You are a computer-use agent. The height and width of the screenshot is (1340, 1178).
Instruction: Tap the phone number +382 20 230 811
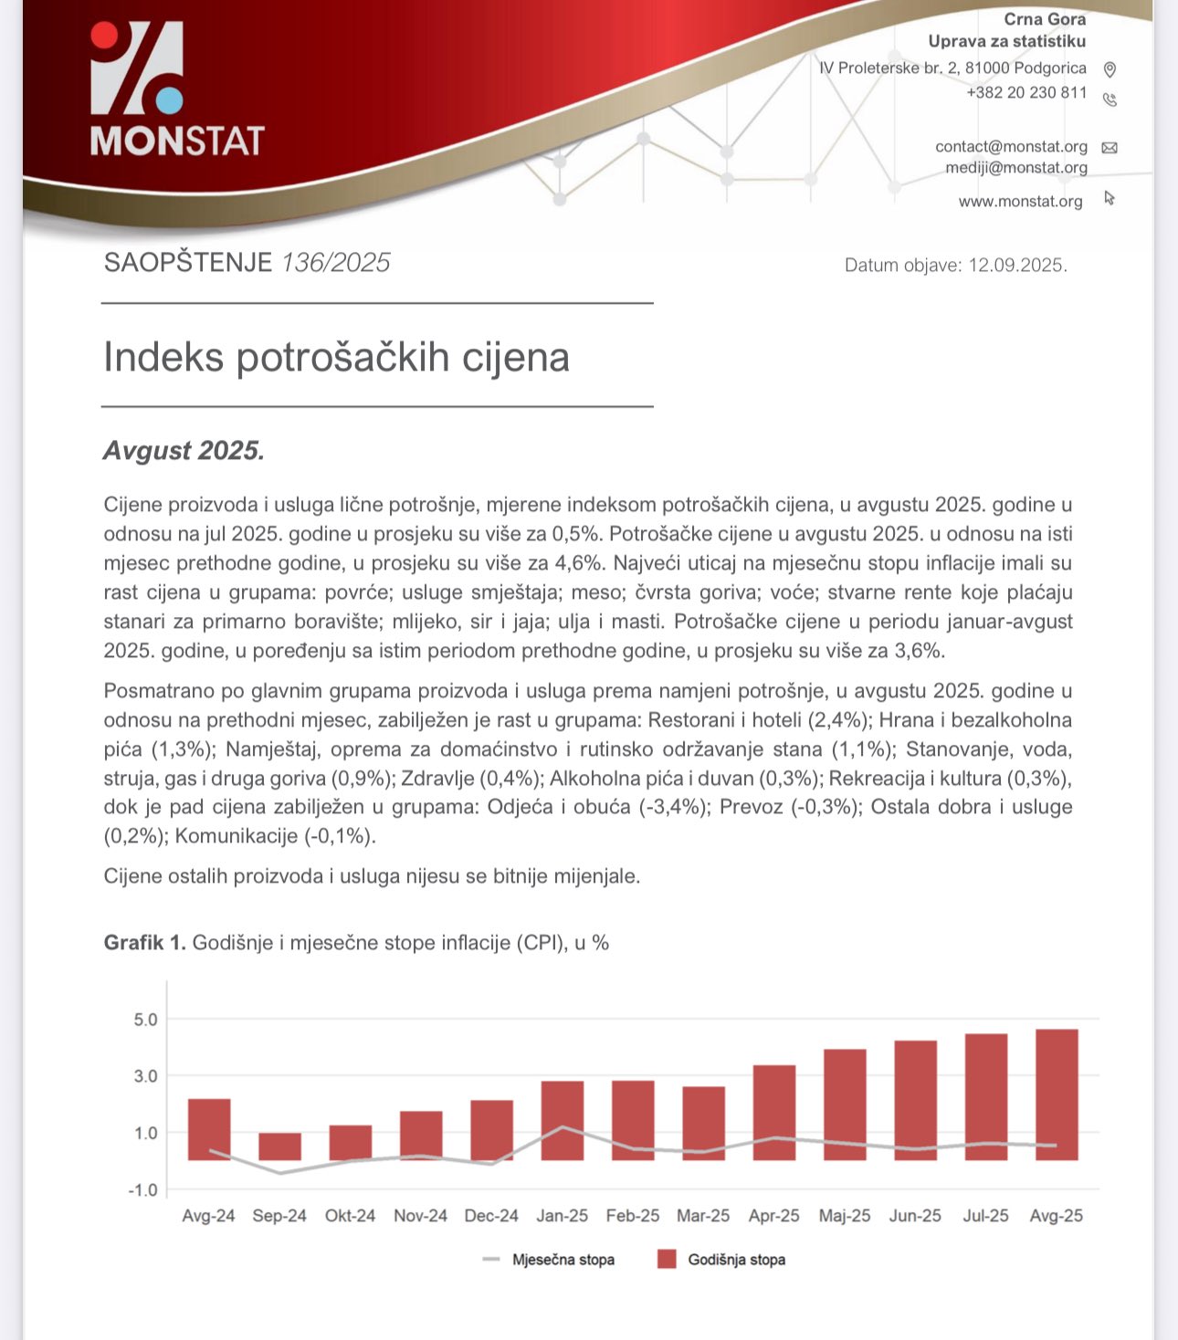pyautogui.click(x=1026, y=92)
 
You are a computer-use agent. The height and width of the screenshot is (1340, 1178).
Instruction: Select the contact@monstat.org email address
pyautogui.click(x=1011, y=146)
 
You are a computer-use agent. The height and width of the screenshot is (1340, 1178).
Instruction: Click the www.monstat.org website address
pyautogui.click(x=1020, y=201)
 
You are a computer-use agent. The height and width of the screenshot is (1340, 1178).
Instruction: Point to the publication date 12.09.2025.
pyautogui.click(x=1017, y=266)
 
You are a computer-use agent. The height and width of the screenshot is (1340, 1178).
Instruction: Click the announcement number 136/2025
pyautogui.click(x=335, y=263)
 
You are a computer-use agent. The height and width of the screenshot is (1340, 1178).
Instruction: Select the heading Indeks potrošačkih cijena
pyautogui.click(x=336, y=357)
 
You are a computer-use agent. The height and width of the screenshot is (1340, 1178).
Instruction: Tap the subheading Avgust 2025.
pyautogui.click(x=184, y=451)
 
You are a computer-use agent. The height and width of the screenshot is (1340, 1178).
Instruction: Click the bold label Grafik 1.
pyautogui.click(x=144, y=943)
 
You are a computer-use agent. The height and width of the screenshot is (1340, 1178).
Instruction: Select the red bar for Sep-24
pyautogui.click(x=279, y=1146)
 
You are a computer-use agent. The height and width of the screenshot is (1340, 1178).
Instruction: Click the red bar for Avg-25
pyautogui.click(x=1057, y=1094)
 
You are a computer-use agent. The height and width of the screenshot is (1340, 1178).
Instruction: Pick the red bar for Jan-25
pyautogui.click(x=562, y=1120)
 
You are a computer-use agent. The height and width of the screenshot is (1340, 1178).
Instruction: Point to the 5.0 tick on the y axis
pyautogui.click(x=146, y=1020)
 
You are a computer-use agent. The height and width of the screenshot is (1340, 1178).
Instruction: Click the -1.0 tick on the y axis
pyautogui.click(x=143, y=1190)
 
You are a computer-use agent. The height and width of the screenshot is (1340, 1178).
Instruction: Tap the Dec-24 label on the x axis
pyautogui.click(x=491, y=1216)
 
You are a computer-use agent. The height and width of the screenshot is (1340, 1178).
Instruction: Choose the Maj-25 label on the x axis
pyautogui.click(x=845, y=1216)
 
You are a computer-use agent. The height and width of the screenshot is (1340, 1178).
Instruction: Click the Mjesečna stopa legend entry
pyautogui.click(x=563, y=1260)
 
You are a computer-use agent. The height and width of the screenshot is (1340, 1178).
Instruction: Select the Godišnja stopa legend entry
pyautogui.click(x=736, y=1260)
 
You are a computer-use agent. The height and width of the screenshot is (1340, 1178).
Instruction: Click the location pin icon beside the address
pyautogui.click(x=1110, y=69)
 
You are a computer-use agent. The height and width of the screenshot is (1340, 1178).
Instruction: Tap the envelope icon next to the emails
pyautogui.click(x=1110, y=148)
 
